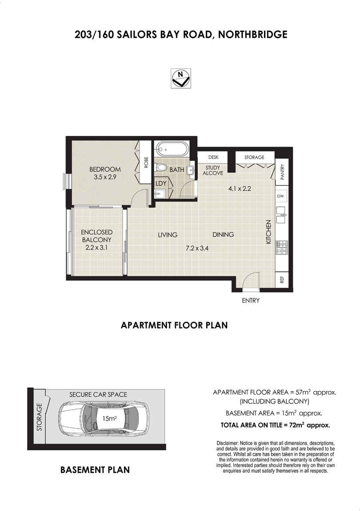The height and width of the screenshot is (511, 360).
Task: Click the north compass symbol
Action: click(181, 78)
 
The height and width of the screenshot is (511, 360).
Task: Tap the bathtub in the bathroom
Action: click(172, 150)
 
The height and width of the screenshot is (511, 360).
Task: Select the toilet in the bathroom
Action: click(161, 168)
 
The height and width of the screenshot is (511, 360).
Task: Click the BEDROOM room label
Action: click(105, 169)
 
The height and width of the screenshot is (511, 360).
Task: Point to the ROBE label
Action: click(146, 163)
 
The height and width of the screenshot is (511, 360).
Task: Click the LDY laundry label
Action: click(161, 184)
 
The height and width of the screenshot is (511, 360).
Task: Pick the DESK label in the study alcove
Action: click(213, 157)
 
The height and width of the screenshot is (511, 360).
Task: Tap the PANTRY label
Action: click(282, 172)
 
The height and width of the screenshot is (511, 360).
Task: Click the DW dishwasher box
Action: click(281, 196)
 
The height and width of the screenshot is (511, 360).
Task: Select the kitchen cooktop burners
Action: click(281, 247)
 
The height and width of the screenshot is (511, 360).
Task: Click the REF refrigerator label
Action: click(282, 279)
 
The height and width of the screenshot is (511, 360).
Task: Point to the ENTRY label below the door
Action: click(251, 300)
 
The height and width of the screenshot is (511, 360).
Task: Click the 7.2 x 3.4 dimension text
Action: click(197, 248)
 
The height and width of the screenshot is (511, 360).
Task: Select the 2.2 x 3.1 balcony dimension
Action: click(96, 247)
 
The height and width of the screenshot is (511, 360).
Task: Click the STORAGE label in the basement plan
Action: click(40, 417)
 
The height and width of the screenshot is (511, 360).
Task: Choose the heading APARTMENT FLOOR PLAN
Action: click(174, 325)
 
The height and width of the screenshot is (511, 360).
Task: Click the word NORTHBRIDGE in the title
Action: click(253, 34)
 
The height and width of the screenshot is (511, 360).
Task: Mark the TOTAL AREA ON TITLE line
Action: click(276, 425)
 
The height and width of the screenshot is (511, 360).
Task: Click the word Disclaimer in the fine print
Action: click(227, 443)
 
